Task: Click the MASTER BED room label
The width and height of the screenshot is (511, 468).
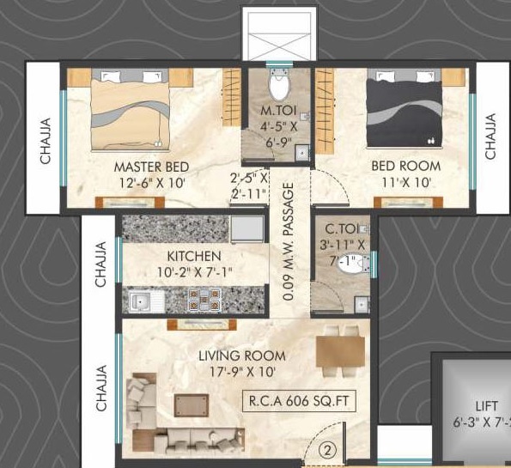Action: [x=151, y=167]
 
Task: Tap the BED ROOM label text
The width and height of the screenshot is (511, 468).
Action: [x=406, y=167]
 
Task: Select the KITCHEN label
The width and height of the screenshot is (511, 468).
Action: [x=194, y=256]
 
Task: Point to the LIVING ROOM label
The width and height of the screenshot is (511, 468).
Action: [x=242, y=356]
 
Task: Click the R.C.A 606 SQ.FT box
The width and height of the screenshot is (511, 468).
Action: [x=299, y=401]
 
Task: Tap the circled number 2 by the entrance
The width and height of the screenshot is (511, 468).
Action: [x=327, y=450]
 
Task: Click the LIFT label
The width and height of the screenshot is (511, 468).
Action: [x=487, y=406]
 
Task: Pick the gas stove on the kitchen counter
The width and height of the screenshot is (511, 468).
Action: [x=204, y=300]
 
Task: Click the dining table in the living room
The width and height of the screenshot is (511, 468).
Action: [x=340, y=351]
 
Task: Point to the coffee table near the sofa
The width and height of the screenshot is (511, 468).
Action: [x=192, y=405]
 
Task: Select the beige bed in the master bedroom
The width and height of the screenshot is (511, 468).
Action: [x=131, y=110]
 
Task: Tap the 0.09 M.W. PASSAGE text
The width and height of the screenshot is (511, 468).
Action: [x=289, y=241]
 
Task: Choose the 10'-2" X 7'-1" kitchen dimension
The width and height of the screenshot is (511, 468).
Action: [x=195, y=272]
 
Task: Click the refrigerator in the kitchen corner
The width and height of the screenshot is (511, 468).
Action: [x=247, y=228]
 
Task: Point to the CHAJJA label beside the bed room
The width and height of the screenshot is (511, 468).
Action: [x=490, y=137]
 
